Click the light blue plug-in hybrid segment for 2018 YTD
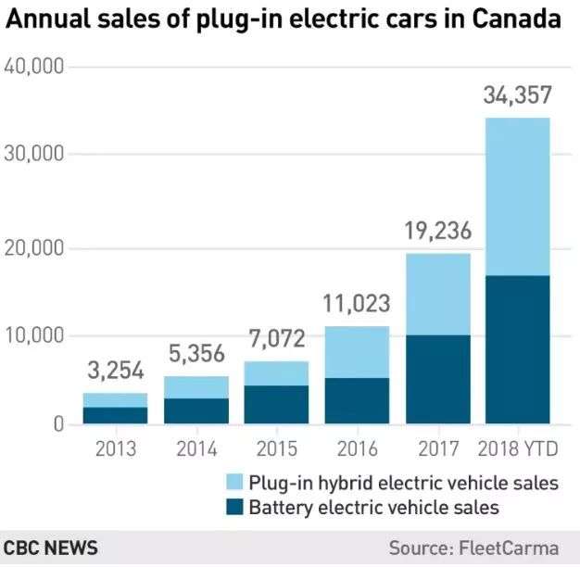pyautogui.click(x=517, y=196)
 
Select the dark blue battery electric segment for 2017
pyautogui.click(x=437, y=379)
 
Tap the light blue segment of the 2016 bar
pyautogui.click(x=357, y=352)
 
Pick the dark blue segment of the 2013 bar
pyautogui.click(x=115, y=415)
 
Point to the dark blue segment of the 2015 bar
pyautogui.click(x=276, y=404)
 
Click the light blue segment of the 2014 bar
pyautogui.click(x=195, y=387)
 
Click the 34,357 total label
pyautogui.click(x=517, y=94)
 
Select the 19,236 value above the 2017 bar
pyautogui.click(x=437, y=231)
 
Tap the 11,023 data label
pyautogui.click(x=357, y=303)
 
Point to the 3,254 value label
pyautogui.click(x=115, y=371)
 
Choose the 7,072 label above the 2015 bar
pyautogui.click(x=276, y=338)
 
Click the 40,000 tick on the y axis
pyautogui.click(x=32, y=67)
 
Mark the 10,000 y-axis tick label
pyautogui.click(x=32, y=335)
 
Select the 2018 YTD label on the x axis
pyautogui.click(x=517, y=449)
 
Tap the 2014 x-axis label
pyautogui.click(x=195, y=449)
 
